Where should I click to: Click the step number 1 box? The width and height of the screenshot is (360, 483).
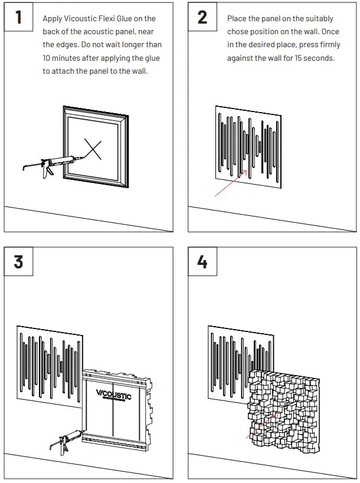click(18, 17)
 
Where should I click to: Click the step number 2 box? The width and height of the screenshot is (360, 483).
click(202, 17)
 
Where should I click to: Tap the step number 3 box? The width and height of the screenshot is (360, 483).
click(18, 261)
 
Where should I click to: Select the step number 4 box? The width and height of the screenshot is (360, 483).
click(202, 261)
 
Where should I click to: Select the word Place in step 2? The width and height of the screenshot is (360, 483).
click(237, 19)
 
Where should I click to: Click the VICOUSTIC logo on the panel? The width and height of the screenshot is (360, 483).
click(113, 395)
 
